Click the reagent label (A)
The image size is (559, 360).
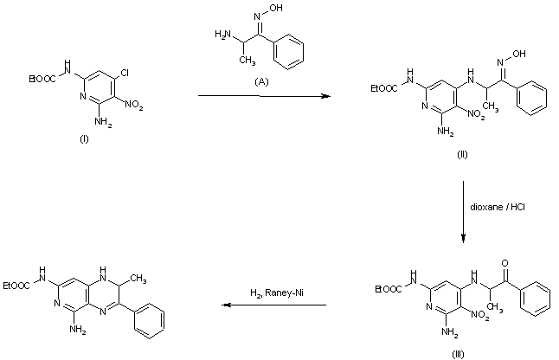click(x=260, y=80)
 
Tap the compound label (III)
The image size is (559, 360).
click(x=459, y=351)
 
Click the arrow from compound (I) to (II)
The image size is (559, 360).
click(x=264, y=95)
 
